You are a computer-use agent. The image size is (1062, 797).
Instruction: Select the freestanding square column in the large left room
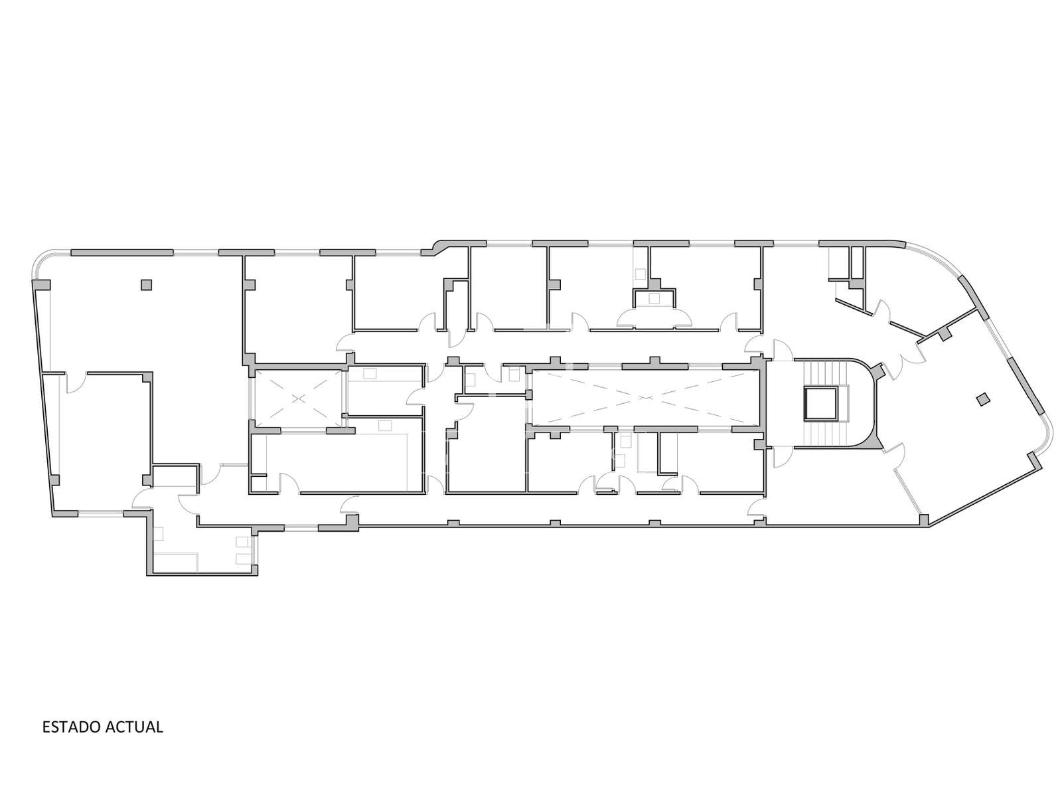tap(146, 284)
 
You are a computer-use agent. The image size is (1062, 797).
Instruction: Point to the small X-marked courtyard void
tap(299, 398)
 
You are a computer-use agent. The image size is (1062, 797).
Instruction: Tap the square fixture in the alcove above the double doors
tap(654, 299)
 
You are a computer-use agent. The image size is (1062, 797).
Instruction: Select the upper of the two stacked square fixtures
tap(242, 541)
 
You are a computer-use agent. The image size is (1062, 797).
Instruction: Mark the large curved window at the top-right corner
tap(935, 256)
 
